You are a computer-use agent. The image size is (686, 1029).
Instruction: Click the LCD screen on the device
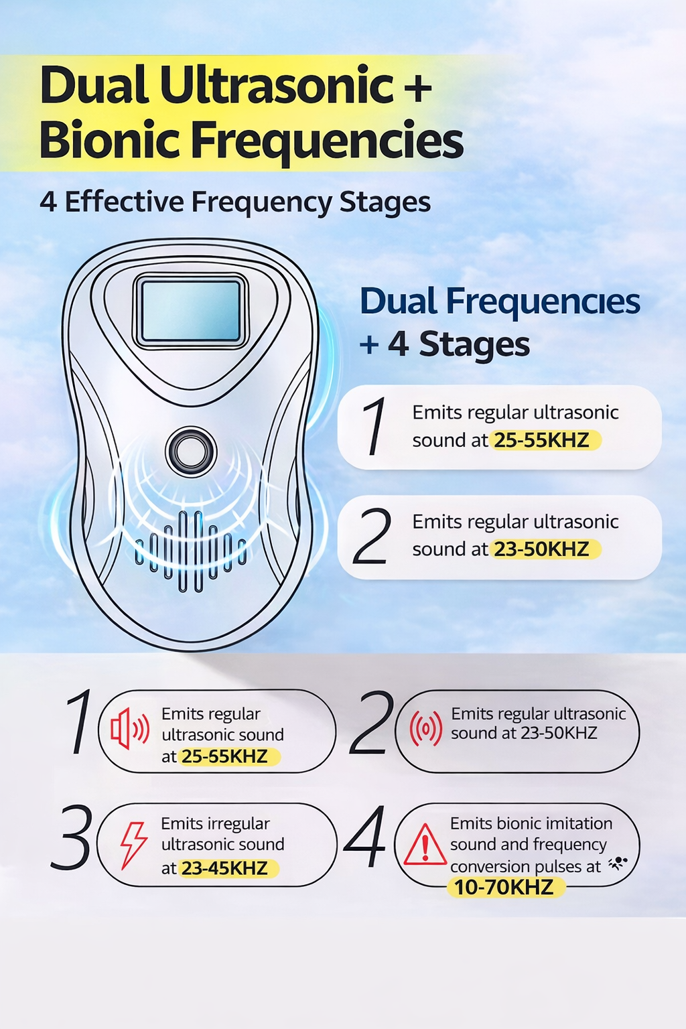point(191,311)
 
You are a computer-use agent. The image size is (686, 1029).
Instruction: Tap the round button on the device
point(191,452)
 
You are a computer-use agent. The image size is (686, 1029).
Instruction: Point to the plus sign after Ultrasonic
point(417,87)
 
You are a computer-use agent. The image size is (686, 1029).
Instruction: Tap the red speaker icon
point(130,729)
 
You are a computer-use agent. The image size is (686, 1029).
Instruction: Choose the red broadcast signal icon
point(426,728)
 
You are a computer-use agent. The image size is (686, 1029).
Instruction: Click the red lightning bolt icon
point(134,845)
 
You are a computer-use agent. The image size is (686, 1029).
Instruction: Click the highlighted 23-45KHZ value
point(224,868)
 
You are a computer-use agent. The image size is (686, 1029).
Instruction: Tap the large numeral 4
point(365,837)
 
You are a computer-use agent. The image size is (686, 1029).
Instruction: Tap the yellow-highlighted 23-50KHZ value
point(545,549)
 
